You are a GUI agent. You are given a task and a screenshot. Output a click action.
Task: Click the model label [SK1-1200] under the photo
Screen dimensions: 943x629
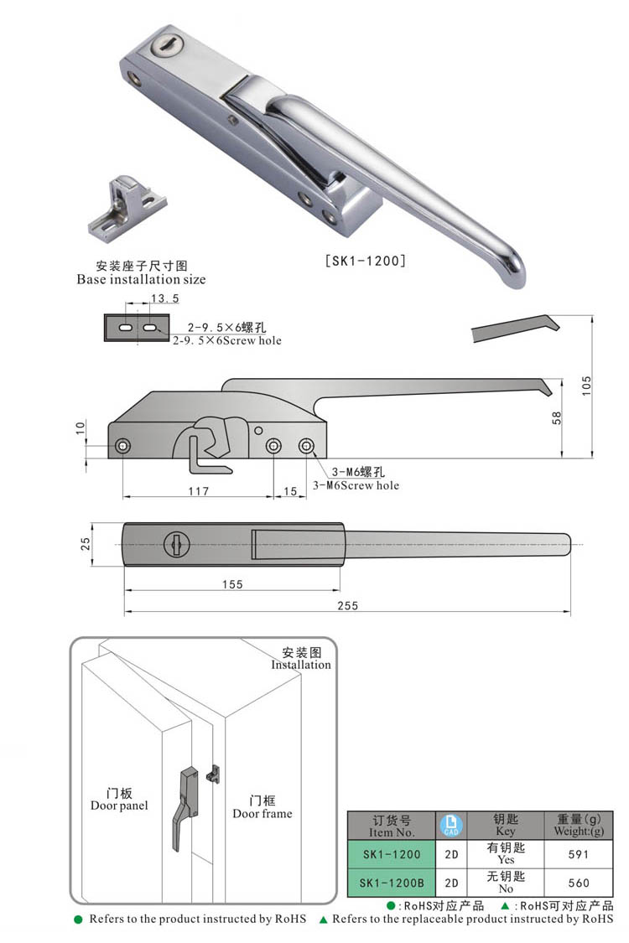coord(366,261)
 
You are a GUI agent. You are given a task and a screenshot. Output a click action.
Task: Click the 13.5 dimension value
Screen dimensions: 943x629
coord(164,298)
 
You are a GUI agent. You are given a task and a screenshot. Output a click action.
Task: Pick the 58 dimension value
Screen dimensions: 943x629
coord(557,418)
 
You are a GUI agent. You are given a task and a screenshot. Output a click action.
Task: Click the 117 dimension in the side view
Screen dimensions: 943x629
coord(198,491)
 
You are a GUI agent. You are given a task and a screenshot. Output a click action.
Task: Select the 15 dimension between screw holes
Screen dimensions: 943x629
coord(290,491)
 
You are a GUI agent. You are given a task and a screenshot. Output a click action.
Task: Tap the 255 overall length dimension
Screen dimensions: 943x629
coord(346,605)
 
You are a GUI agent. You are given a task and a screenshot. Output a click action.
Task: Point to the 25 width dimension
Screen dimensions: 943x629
coord(85,544)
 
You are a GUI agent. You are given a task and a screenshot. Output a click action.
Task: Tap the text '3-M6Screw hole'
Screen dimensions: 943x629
coord(356,485)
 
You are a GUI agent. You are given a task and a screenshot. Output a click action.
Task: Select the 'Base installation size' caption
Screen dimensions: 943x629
coord(141,279)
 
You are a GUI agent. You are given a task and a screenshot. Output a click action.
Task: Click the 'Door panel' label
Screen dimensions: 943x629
coord(119,806)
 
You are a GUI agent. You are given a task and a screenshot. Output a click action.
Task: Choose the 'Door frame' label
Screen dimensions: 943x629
coord(263,813)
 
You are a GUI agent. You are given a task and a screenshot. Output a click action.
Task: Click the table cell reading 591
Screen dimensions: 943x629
coord(579,855)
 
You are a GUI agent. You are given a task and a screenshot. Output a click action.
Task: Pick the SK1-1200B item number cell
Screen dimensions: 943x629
coord(392,883)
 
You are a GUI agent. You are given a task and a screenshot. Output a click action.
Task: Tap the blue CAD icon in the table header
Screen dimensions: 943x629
coord(451,825)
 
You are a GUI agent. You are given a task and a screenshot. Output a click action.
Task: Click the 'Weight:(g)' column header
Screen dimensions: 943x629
coord(579,832)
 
